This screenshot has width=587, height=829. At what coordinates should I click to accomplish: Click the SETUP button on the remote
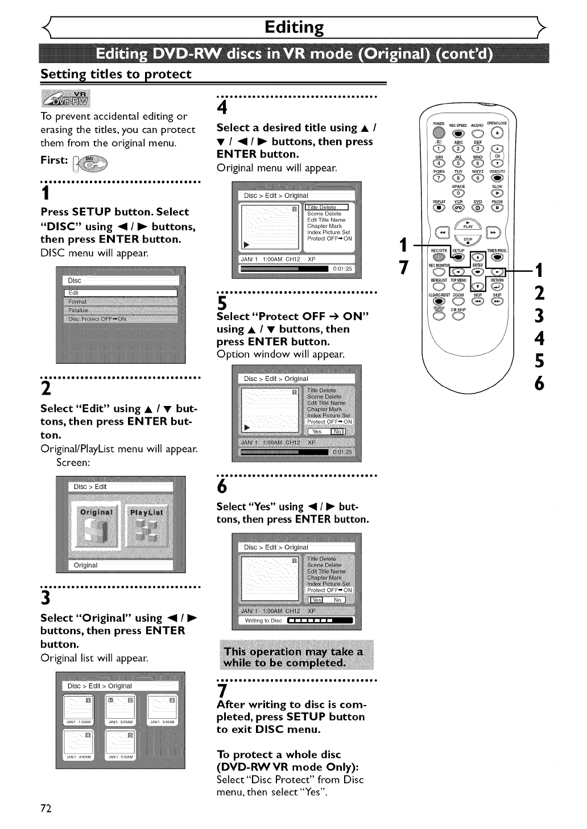458,256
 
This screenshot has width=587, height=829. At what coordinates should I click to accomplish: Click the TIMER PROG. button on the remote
498,256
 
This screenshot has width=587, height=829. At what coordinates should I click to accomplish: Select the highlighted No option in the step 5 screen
338,432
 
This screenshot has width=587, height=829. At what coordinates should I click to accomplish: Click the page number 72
46,809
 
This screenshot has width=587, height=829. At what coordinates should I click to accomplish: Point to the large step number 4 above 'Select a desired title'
222,107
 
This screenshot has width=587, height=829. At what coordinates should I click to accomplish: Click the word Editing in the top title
294,27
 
